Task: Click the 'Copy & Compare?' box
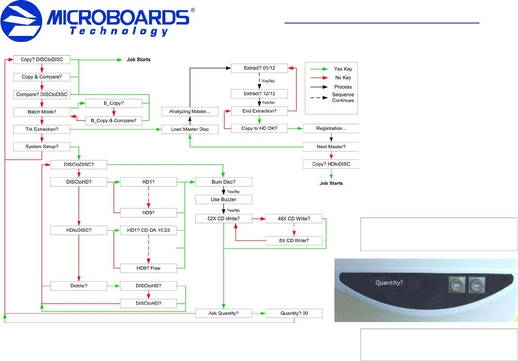(x=42, y=77)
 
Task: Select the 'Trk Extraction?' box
(x=42, y=129)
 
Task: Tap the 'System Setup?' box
(x=42, y=147)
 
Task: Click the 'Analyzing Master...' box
(x=190, y=112)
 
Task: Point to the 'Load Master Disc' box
(x=190, y=129)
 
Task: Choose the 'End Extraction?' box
(x=259, y=111)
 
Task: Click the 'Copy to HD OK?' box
(x=259, y=129)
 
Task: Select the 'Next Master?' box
(x=331, y=147)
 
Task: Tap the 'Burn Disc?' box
(x=223, y=182)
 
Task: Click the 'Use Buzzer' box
(x=223, y=200)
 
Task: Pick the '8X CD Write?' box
(x=294, y=241)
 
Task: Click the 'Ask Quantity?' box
(x=223, y=313)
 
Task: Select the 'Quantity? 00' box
(x=294, y=313)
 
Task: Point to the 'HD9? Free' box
(x=148, y=268)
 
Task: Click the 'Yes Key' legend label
(x=343, y=69)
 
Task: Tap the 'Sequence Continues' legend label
(x=343, y=98)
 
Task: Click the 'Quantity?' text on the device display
(x=389, y=283)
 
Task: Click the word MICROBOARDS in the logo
(x=118, y=17)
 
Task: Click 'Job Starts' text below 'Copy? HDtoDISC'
(x=331, y=183)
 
